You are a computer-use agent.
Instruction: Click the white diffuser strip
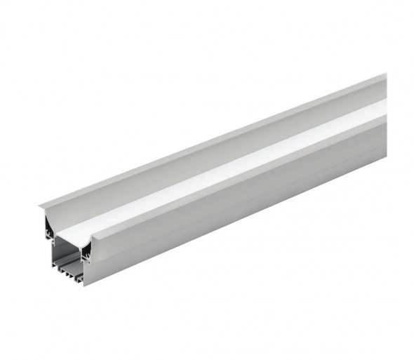(232, 168)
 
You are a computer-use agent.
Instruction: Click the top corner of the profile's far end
(385, 75)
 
